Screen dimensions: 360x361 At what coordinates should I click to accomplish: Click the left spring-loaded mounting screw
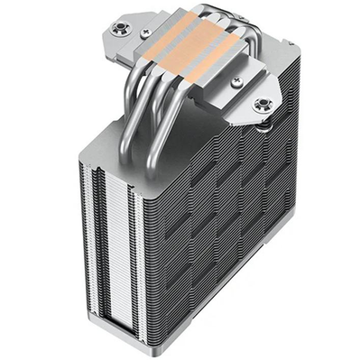click(x=117, y=30)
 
